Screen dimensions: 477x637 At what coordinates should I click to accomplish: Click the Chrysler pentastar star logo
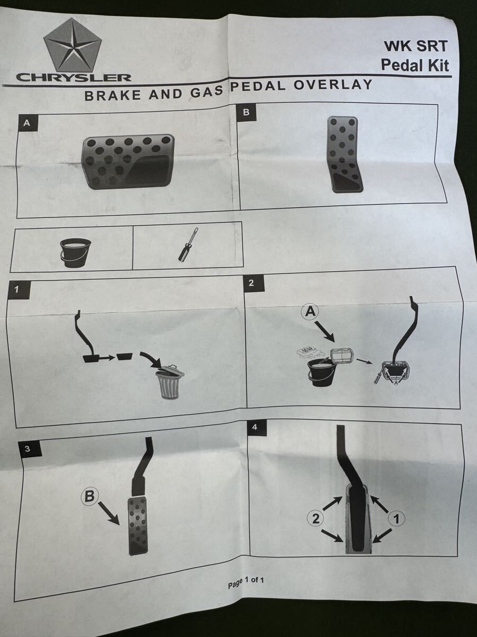tap(73, 46)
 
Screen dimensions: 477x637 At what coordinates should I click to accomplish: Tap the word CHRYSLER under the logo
tap(74, 78)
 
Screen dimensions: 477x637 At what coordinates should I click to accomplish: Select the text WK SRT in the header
tap(416, 47)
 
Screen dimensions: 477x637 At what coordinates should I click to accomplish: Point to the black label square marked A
tap(26, 123)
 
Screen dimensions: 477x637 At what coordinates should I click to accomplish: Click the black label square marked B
tap(246, 111)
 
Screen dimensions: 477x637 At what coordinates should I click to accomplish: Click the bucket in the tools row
tap(76, 253)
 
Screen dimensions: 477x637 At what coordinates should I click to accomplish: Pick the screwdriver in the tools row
tap(188, 245)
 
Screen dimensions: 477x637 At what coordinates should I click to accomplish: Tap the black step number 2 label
tap(251, 282)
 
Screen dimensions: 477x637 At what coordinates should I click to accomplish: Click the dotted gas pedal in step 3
tap(138, 526)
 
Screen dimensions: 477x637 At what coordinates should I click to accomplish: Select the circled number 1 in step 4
tap(397, 519)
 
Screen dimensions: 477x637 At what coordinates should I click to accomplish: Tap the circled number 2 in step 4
tap(316, 518)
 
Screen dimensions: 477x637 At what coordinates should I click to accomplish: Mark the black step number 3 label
tap(27, 449)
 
